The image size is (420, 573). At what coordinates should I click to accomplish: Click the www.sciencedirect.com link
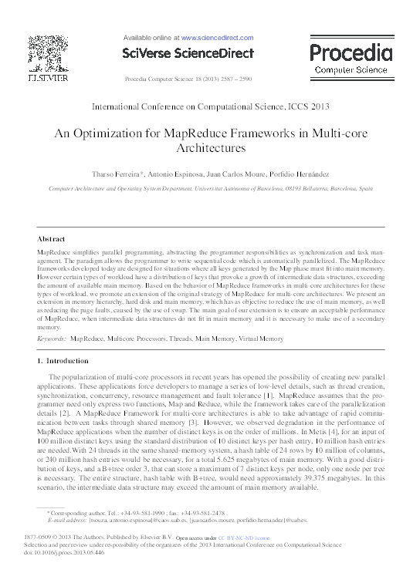216,36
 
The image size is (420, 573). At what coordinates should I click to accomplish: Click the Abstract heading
51,239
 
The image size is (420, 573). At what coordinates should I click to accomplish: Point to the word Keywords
50,338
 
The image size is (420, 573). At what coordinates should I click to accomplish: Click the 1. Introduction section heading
63,361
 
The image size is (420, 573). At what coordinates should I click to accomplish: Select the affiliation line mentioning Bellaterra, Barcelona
210,187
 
